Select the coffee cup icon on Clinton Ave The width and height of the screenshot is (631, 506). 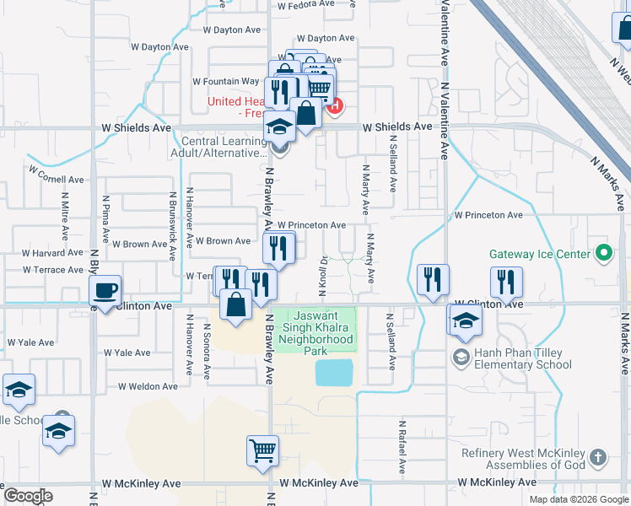(105, 291)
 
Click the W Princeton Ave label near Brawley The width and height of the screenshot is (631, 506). (311, 225)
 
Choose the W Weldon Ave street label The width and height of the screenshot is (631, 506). (148, 386)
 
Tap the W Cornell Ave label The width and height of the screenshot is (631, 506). (56, 175)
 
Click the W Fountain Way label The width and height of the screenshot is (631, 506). (225, 82)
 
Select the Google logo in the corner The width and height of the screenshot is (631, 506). (28, 496)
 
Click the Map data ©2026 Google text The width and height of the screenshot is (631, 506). (578, 499)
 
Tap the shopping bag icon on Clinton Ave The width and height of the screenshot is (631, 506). (236, 304)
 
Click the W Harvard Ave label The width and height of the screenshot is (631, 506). (52, 253)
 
